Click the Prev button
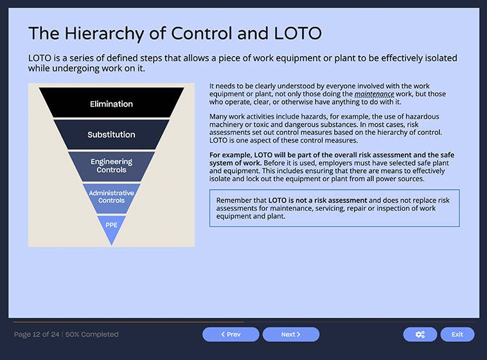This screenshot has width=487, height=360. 231,334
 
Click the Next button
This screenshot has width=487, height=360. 291,334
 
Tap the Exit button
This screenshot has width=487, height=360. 457,334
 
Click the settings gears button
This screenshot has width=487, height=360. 420,334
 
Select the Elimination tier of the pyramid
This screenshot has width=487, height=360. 111,104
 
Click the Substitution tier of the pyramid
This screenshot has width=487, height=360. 111,134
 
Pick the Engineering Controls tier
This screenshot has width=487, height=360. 111,166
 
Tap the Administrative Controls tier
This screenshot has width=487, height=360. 111,197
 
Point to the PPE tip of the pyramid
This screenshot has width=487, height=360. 111,226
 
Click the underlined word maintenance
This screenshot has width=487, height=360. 374,94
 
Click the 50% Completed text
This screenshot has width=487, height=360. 92,334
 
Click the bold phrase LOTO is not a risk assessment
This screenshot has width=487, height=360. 317,201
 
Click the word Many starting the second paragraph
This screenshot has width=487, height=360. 220,117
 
